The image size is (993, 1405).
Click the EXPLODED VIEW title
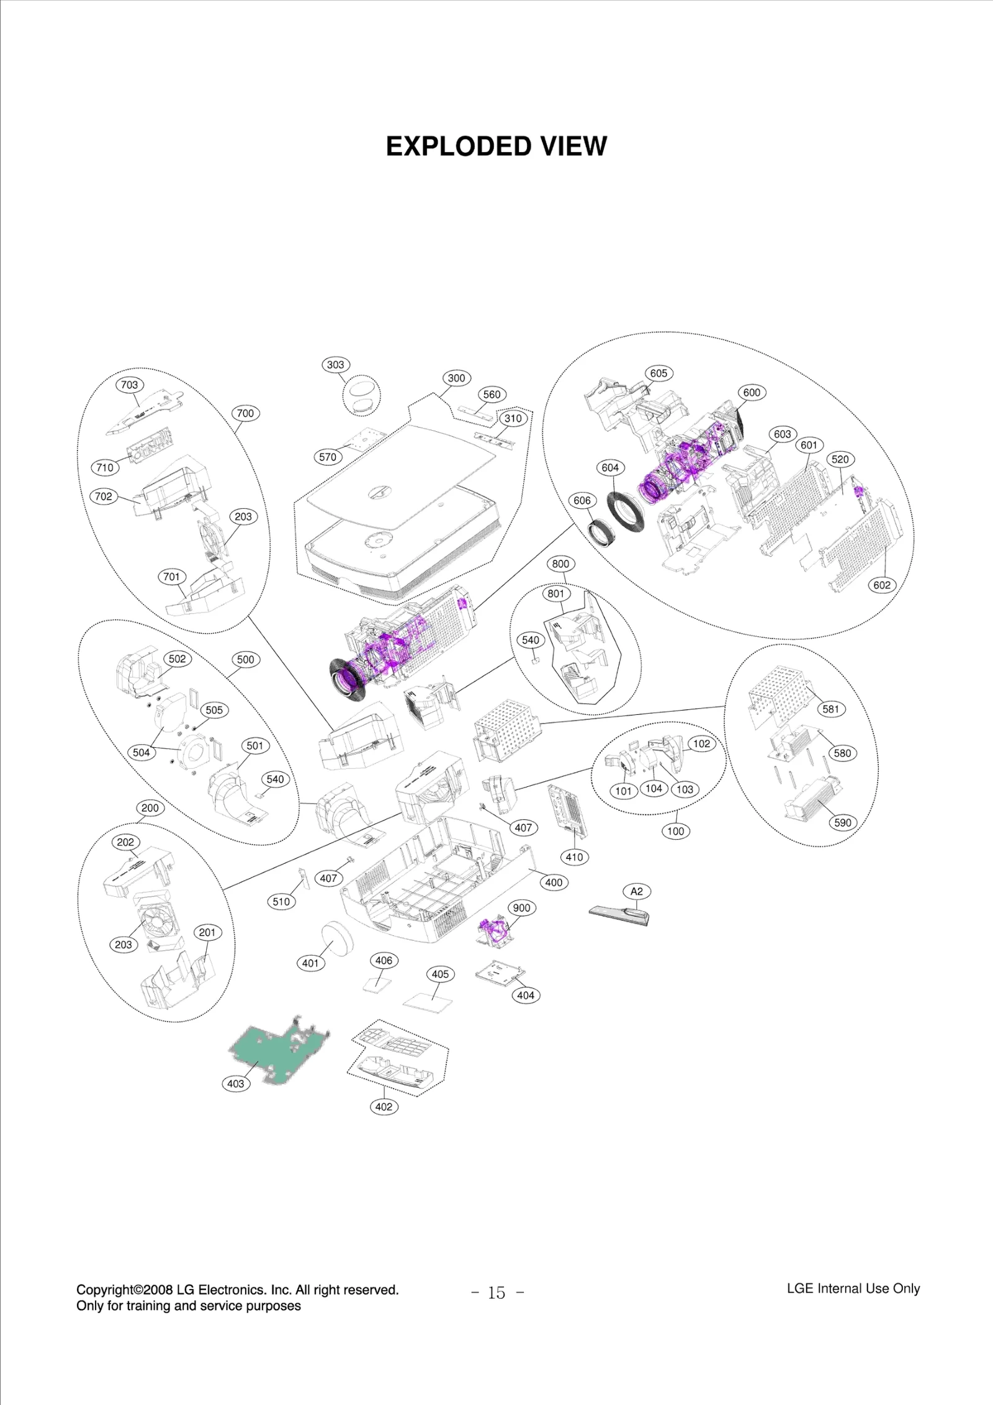(496, 146)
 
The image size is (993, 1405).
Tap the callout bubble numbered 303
(335, 365)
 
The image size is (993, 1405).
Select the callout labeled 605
(658, 373)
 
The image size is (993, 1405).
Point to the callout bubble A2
(637, 891)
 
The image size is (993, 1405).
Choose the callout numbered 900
(521, 908)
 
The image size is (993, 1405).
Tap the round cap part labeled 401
(337, 939)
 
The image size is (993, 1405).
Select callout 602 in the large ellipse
(881, 585)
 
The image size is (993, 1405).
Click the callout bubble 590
(842, 823)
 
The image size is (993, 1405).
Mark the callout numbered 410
(574, 857)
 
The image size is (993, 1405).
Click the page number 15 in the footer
(496, 1293)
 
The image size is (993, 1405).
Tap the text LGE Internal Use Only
(853, 1288)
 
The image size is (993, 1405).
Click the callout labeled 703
(129, 385)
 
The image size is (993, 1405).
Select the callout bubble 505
(214, 710)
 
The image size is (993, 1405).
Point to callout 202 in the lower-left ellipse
(125, 842)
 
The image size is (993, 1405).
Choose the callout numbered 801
(555, 593)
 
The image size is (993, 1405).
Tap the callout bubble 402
(384, 1106)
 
